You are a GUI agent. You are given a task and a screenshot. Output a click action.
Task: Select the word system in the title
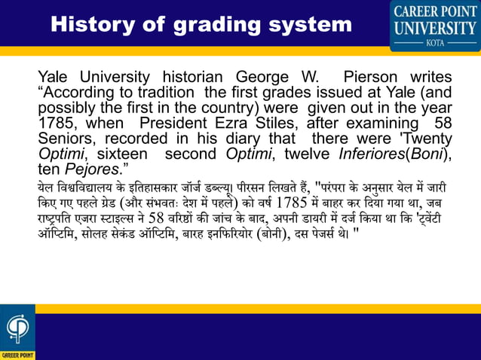pos(309,26)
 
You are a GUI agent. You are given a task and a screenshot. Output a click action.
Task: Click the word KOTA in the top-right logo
pos(434,44)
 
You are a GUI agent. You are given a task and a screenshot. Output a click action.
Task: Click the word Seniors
pos(66,139)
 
